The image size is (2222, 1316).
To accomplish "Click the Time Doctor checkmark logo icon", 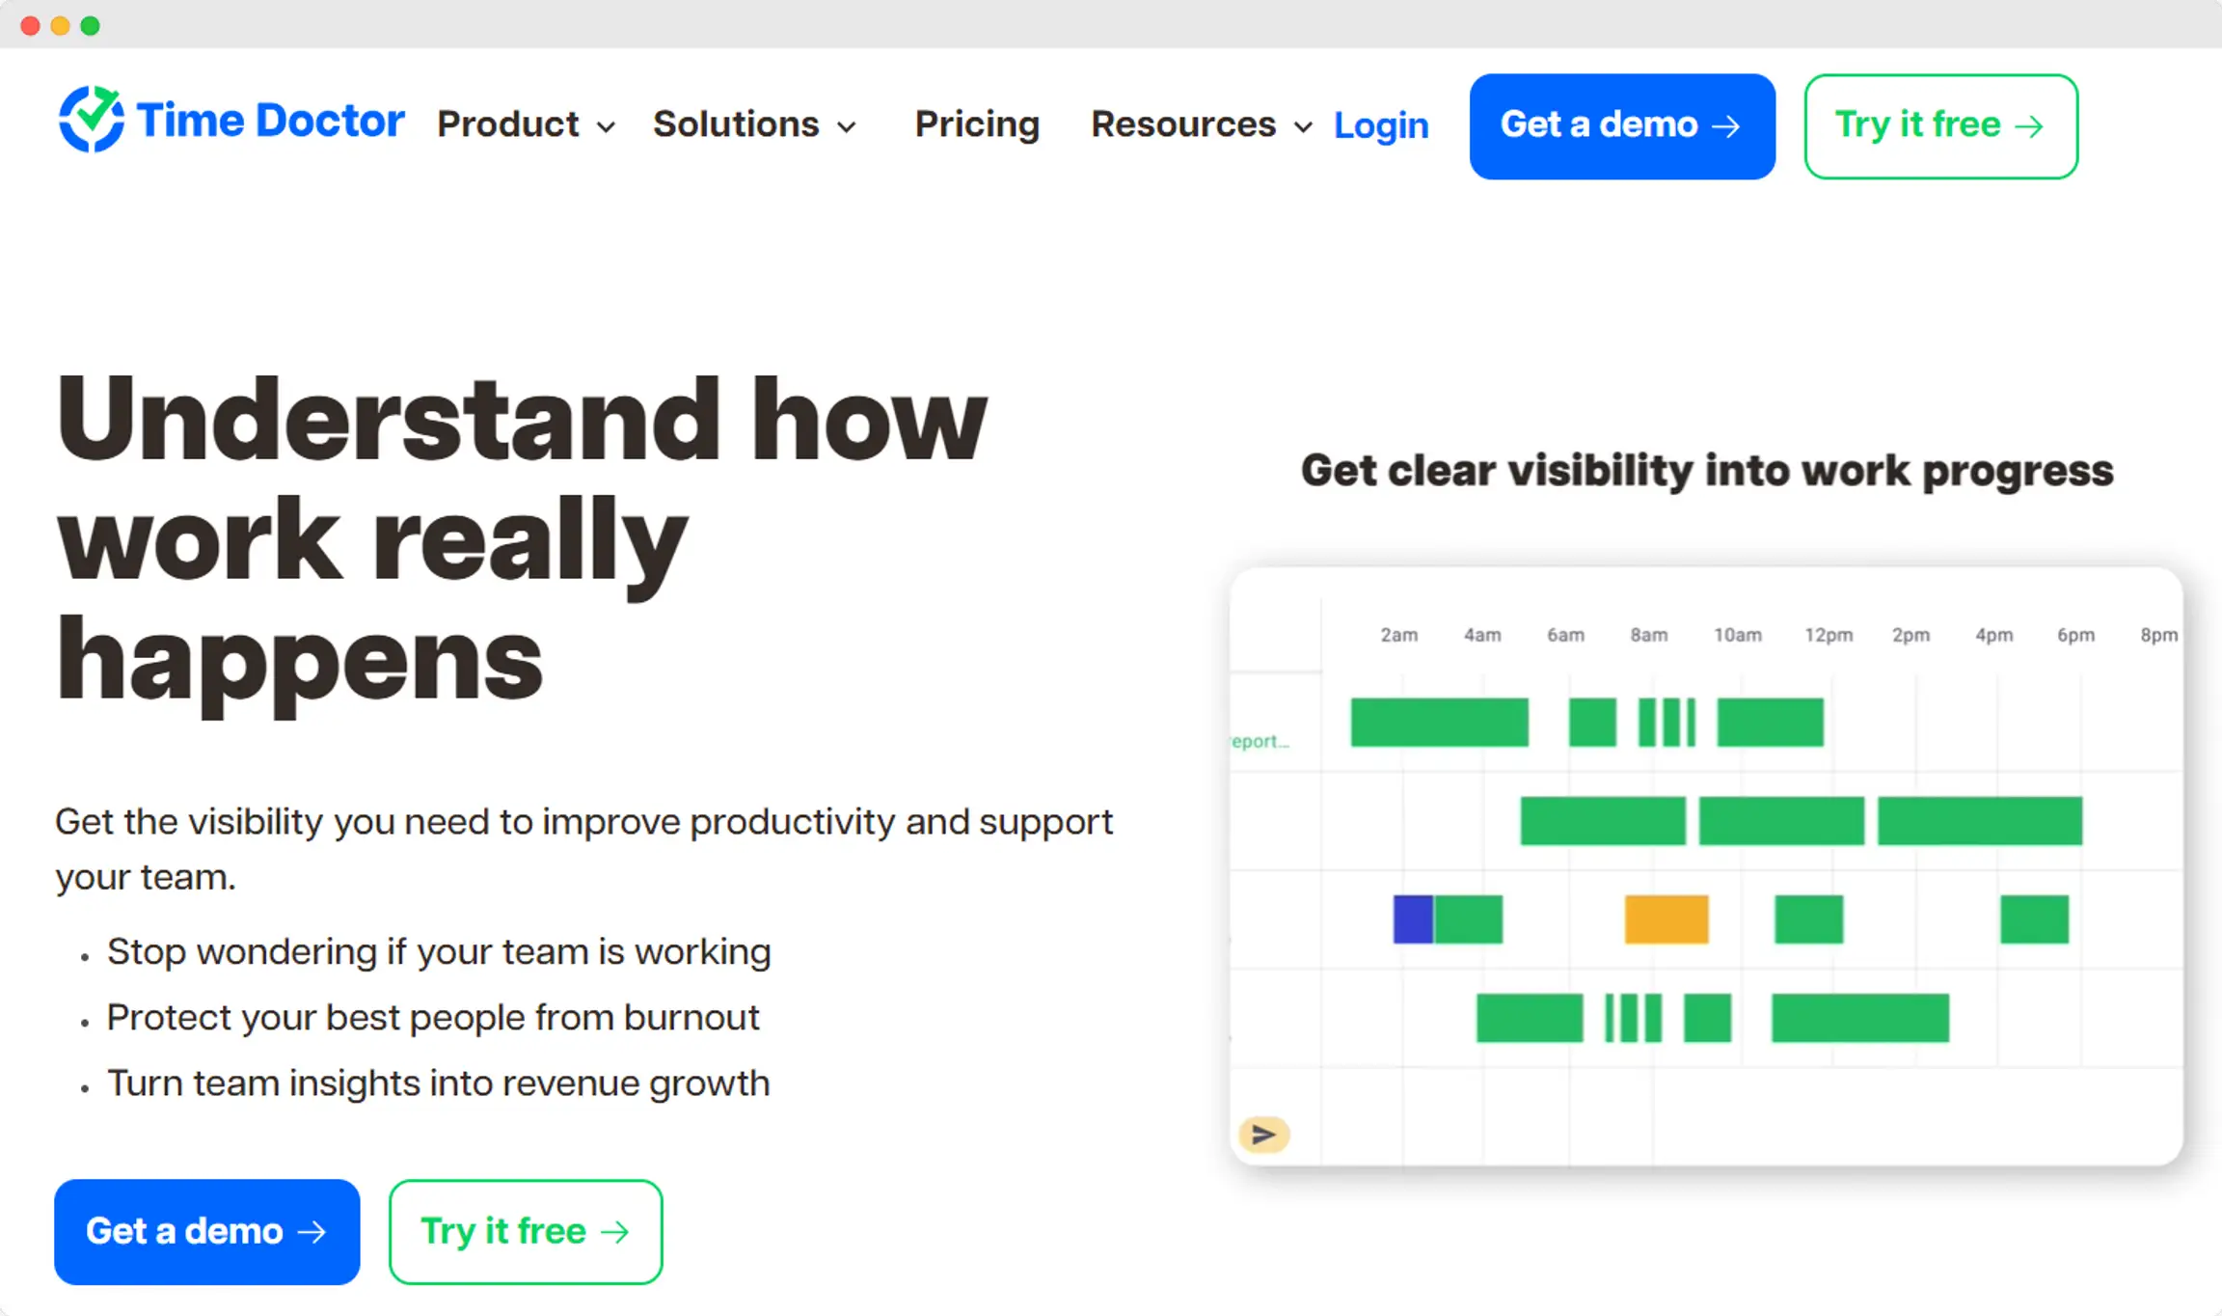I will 91,120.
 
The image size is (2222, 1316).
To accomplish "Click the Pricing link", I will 977,124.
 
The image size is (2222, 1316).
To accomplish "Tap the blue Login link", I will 1381,125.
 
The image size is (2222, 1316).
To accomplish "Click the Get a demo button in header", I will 1622,126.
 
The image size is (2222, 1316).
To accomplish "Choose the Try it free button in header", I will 1940,126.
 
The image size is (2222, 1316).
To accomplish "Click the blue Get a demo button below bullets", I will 207,1231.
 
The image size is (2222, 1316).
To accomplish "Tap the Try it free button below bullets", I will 526,1231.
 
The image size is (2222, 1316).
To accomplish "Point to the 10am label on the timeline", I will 1737,635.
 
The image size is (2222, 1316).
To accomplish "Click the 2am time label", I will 1398,635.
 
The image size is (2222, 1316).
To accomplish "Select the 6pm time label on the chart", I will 2075,635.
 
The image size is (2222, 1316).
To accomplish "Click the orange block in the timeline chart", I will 1666,918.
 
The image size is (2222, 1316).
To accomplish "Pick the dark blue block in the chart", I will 1413,918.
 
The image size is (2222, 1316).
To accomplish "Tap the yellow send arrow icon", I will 1263,1135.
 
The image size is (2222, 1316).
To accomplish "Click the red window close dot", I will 30,26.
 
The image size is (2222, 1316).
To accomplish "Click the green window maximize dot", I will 90,26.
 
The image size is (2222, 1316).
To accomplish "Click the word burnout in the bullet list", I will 691,1018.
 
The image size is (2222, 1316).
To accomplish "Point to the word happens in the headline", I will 299,660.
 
